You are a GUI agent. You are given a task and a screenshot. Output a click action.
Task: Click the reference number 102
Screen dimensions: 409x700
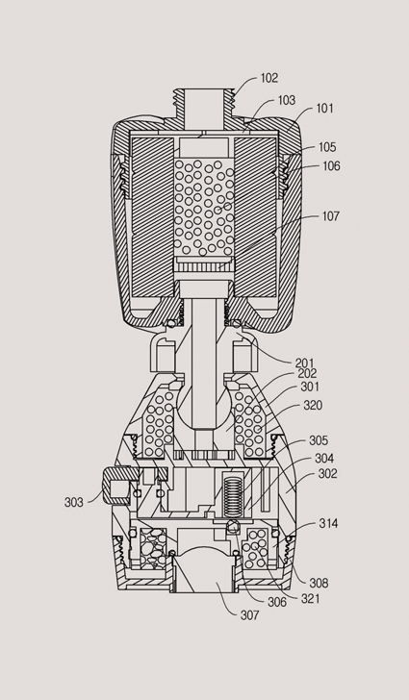click(269, 78)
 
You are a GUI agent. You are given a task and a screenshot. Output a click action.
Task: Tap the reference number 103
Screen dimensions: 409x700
click(287, 100)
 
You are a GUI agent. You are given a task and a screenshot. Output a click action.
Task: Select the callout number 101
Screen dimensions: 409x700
click(325, 109)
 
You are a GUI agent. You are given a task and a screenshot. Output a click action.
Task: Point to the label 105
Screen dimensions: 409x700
click(327, 147)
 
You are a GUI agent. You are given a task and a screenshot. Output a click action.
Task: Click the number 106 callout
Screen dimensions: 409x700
click(331, 166)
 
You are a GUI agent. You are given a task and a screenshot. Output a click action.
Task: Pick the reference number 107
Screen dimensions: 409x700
click(331, 216)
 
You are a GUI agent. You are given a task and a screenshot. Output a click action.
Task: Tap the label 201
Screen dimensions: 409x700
click(304, 363)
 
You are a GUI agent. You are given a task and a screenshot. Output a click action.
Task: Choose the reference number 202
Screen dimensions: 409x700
click(307, 374)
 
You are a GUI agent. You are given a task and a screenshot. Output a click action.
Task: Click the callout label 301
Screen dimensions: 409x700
click(310, 387)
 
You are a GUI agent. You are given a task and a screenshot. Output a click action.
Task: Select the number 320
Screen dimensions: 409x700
click(313, 406)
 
